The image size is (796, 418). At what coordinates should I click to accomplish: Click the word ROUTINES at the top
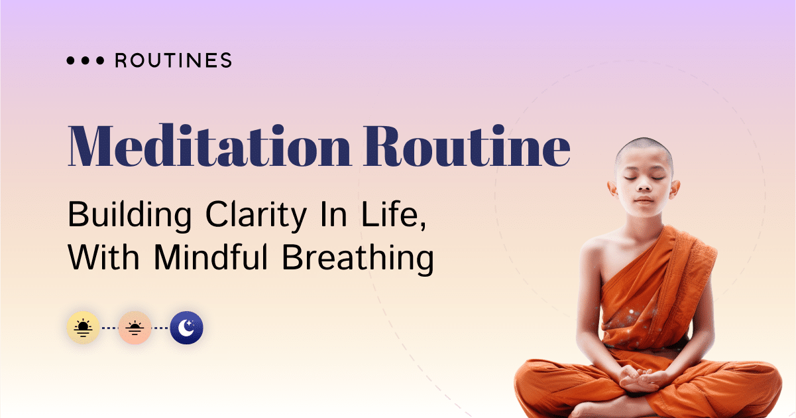[174, 61]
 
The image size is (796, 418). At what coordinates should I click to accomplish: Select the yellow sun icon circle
[84, 328]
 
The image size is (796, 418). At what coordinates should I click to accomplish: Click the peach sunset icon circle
[135, 328]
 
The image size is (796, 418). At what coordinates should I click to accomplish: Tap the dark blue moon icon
[186, 328]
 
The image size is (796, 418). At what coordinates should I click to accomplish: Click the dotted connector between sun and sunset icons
[109, 328]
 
